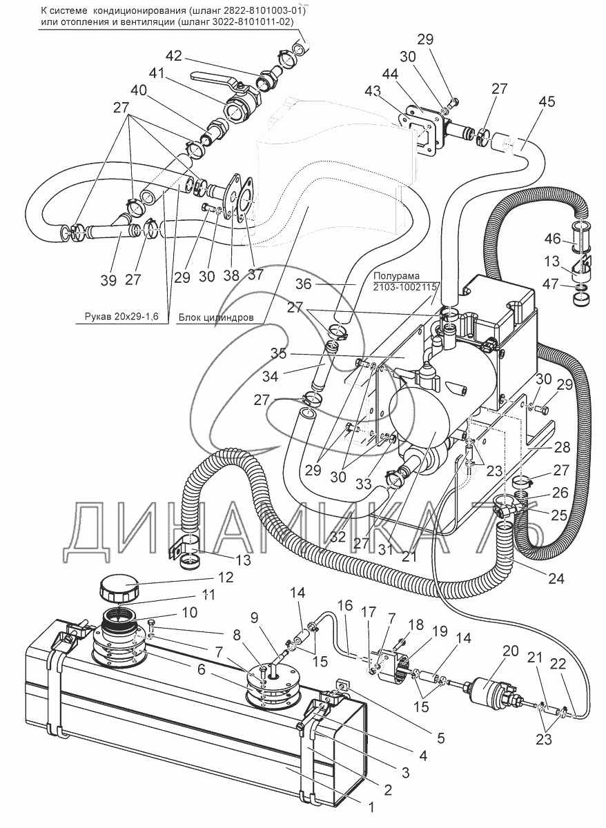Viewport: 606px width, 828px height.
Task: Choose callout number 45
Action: coord(547,103)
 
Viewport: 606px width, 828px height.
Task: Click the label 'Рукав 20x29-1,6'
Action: coord(117,318)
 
